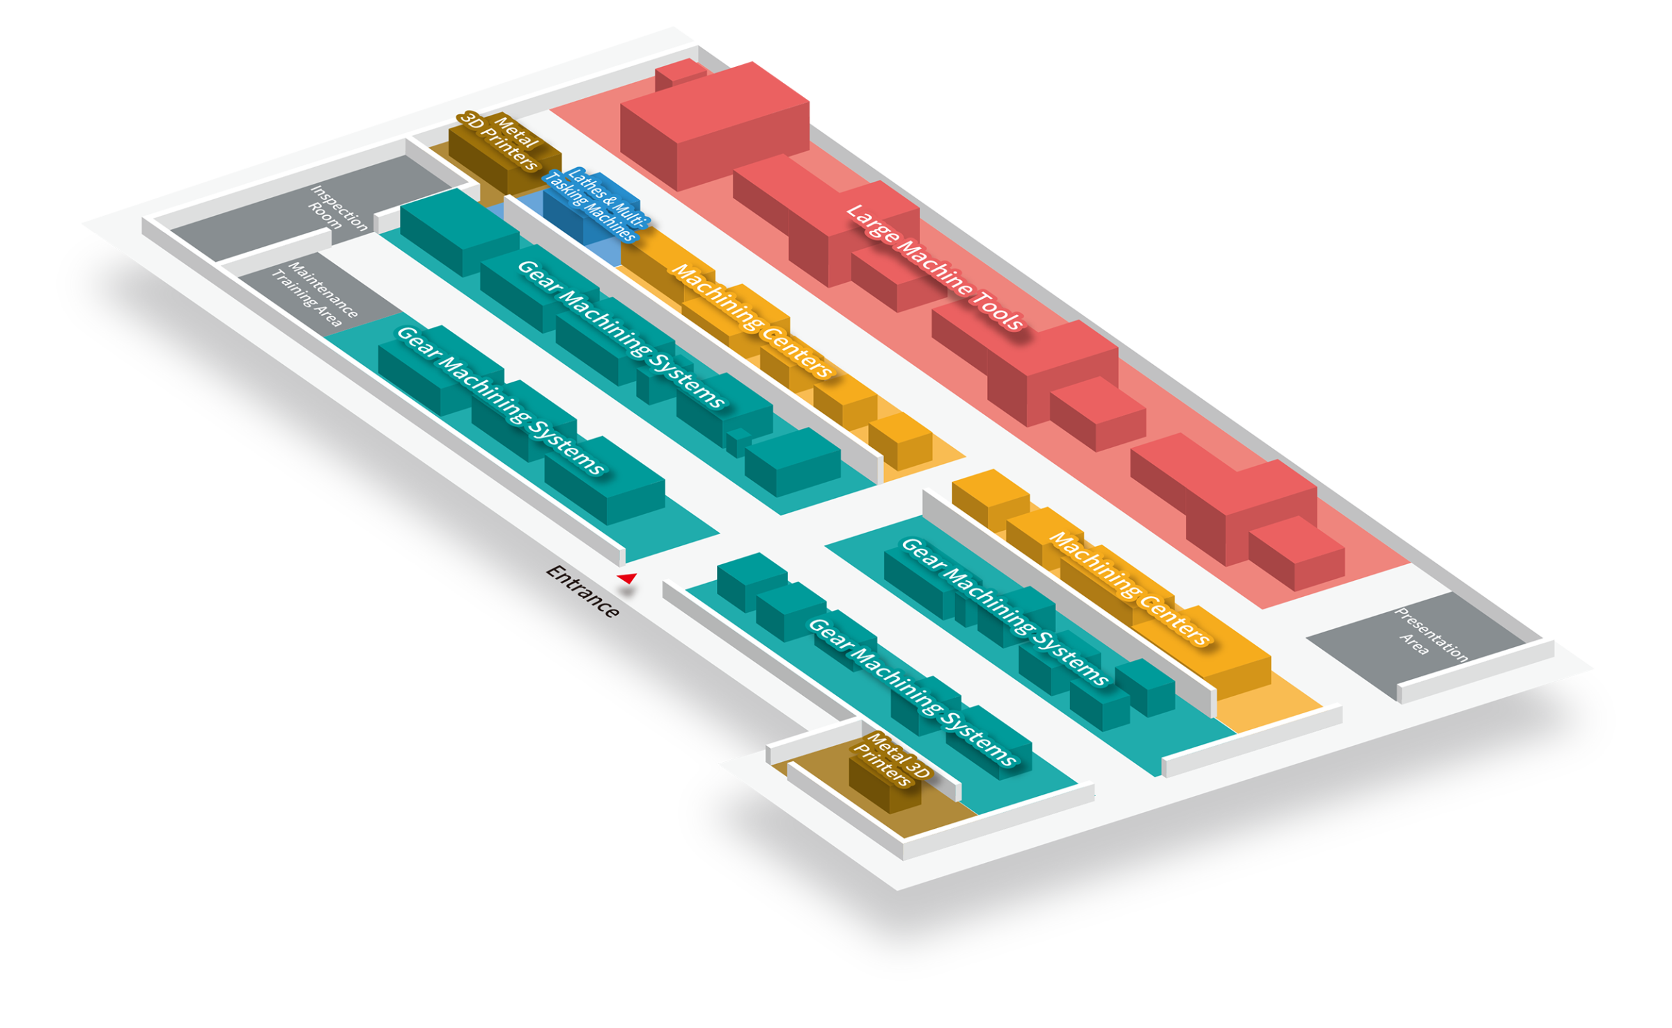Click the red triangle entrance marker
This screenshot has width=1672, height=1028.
(x=628, y=577)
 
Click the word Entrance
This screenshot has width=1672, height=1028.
(x=582, y=591)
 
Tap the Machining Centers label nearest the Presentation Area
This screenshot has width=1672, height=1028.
(x=1129, y=589)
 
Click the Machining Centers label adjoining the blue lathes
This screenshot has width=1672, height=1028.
(x=751, y=321)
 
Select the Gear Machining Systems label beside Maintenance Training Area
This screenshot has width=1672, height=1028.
(x=500, y=400)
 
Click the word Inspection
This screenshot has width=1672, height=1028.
(x=340, y=208)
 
